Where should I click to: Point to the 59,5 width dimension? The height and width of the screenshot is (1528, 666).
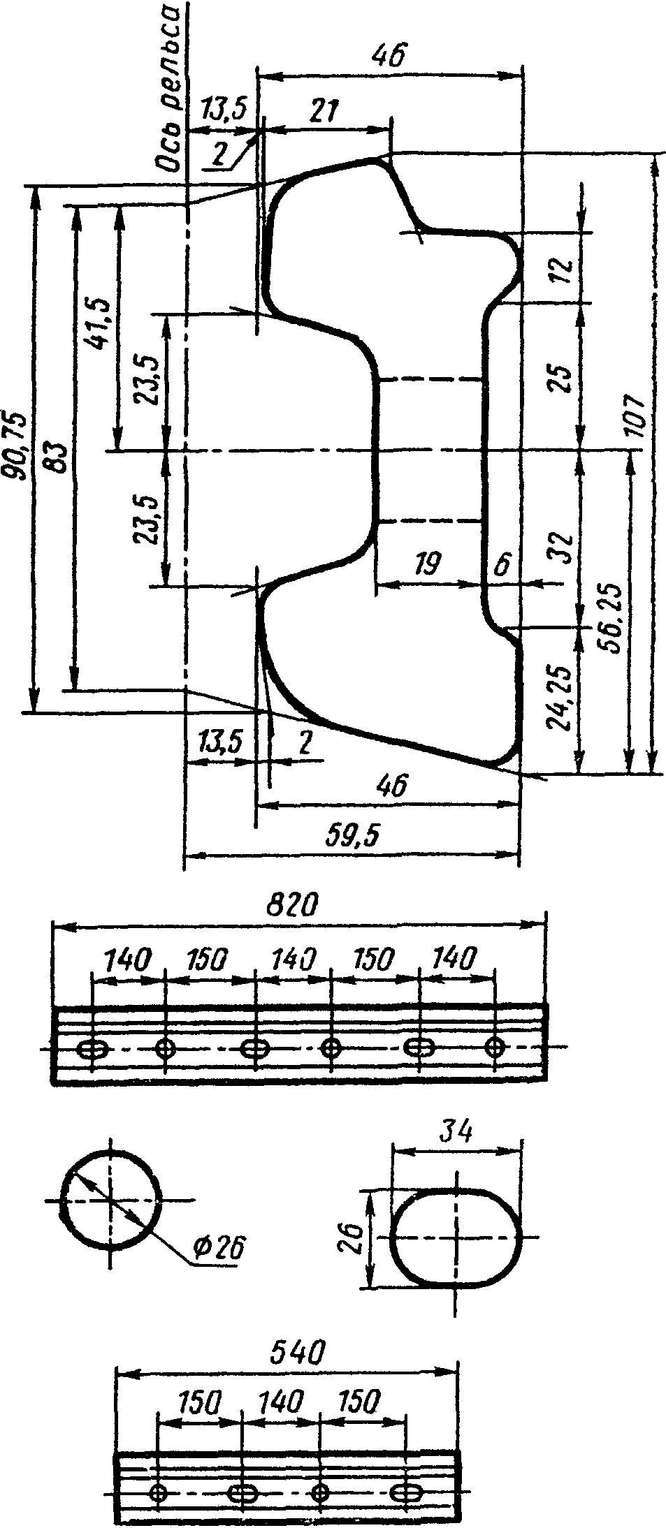click(x=352, y=836)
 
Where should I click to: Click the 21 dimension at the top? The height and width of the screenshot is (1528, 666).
click(x=324, y=112)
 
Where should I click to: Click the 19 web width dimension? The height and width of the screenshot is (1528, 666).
click(x=428, y=564)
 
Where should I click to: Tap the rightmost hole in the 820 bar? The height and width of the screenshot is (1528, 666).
click(x=495, y=1047)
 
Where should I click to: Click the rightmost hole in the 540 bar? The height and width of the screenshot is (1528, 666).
click(x=404, y=1492)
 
